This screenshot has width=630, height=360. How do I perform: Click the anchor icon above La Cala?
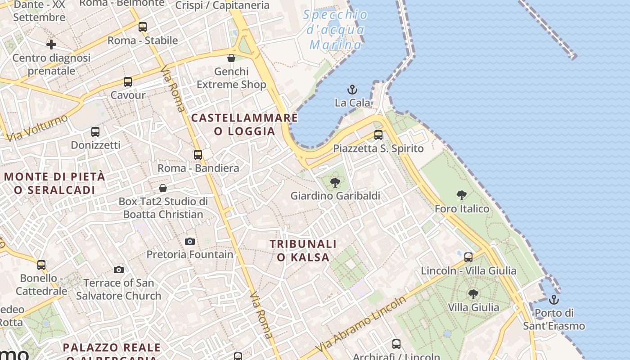(352, 90)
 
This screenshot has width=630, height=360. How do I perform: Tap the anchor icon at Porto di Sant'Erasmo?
(554, 299)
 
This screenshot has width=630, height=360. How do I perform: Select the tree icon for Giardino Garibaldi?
(335, 182)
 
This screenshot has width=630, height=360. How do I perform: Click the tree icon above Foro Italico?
(461, 195)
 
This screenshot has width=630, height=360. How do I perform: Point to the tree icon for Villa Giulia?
(473, 294)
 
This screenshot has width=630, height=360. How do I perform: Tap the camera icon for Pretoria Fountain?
(190, 241)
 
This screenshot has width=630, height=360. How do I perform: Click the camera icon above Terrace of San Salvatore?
(119, 270)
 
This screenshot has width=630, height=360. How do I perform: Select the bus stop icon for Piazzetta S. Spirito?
(378, 135)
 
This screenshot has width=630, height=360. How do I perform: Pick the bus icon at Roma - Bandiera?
(198, 155)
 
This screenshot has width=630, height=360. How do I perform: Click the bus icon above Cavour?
(128, 82)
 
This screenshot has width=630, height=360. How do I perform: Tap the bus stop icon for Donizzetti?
(95, 132)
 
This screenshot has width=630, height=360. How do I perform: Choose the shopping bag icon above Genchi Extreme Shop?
(231, 58)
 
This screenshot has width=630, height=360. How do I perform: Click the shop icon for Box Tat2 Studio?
(163, 188)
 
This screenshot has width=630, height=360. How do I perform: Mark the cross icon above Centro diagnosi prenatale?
(51, 45)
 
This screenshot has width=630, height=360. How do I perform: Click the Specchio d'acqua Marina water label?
(336, 30)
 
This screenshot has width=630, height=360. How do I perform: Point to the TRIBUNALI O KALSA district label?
(303, 251)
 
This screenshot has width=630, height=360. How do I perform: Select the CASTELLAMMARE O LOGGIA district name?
(244, 125)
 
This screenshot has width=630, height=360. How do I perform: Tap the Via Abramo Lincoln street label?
(360, 324)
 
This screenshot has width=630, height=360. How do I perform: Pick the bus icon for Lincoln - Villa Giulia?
(468, 257)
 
